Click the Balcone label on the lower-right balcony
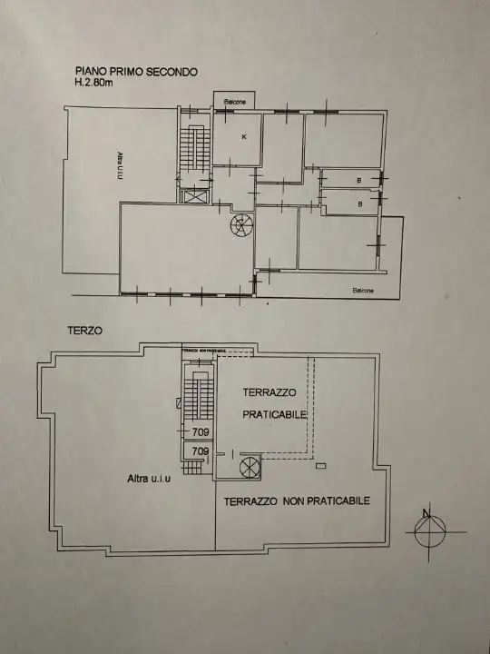363,291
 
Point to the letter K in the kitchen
243,136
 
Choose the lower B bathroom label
360,204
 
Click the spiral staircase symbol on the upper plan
241,223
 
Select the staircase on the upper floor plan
190,150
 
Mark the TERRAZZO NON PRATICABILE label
297,500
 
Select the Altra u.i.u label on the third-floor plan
148,479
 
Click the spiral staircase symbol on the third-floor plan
248,466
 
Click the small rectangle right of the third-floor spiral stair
321,466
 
